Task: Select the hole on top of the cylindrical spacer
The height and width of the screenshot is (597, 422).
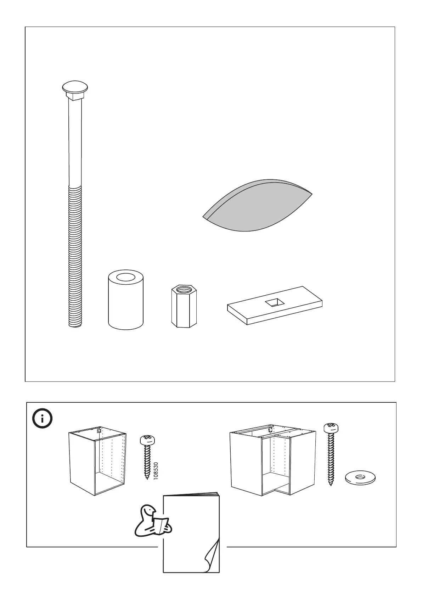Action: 126,277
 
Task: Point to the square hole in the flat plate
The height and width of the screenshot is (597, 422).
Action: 275,302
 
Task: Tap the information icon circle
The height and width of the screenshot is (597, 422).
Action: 43,419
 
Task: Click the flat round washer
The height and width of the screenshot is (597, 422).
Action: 360,477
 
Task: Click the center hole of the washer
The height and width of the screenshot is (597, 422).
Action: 360,476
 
